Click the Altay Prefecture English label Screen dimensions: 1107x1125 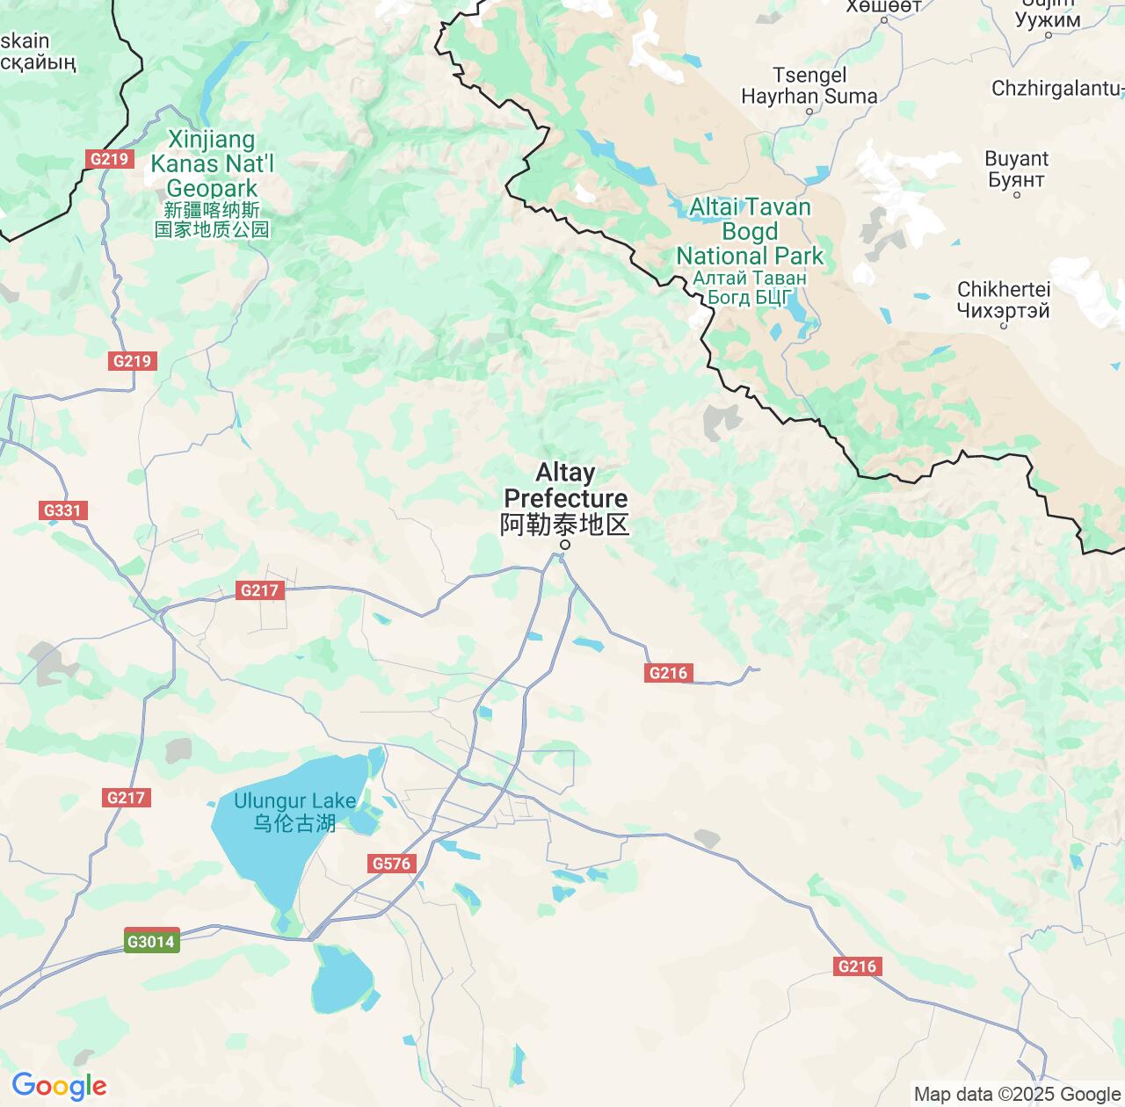pyautogui.click(x=565, y=485)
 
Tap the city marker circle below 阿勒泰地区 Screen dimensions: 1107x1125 pyautogui.click(x=565, y=545)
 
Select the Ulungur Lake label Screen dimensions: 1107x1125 pyautogui.click(x=294, y=801)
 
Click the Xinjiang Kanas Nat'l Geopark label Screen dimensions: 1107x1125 pyautogui.click(x=212, y=163)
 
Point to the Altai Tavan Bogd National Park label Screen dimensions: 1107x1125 pyautogui.click(x=750, y=232)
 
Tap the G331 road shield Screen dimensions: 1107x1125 pyautogui.click(x=62, y=510)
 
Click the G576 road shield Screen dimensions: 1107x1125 pyautogui.click(x=391, y=864)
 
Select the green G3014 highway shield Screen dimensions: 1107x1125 pyautogui.click(x=152, y=942)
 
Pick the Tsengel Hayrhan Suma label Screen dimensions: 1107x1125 pyautogui.click(x=809, y=86)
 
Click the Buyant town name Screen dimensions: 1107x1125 pyautogui.click(x=1016, y=159)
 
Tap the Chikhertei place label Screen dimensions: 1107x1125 pyautogui.click(x=1003, y=289)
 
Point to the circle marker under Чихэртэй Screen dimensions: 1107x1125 pyautogui.click(x=1004, y=326)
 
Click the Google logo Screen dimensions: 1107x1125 pyautogui.click(x=59, y=1086)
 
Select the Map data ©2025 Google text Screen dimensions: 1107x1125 pyautogui.click(x=1017, y=1095)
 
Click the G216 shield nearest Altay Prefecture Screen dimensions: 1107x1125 pyautogui.click(x=667, y=673)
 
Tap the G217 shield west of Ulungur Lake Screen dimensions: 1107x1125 pyautogui.click(x=127, y=798)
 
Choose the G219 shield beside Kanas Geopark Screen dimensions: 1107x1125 pyautogui.click(x=109, y=159)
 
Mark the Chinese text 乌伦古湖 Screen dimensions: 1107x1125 pyautogui.click(x=294, y=823)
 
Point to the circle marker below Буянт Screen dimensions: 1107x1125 pyautogui.click(x=1017, y=195)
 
